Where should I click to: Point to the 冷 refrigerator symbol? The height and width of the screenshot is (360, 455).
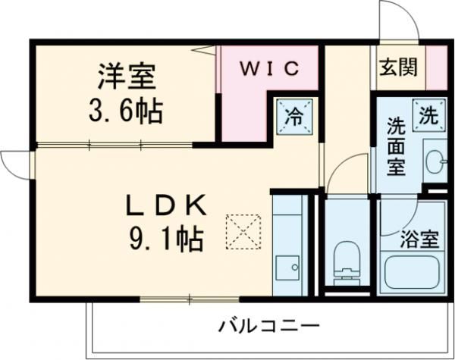click(x=293, y=116)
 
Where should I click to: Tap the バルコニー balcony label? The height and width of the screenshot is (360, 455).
click(x=269, y=327)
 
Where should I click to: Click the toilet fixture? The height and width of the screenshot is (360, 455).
click(x=346, y=258)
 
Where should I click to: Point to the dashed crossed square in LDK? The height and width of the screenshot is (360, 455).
click(x=243, y=232)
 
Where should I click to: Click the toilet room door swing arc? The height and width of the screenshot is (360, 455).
click(x=346, y=170)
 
